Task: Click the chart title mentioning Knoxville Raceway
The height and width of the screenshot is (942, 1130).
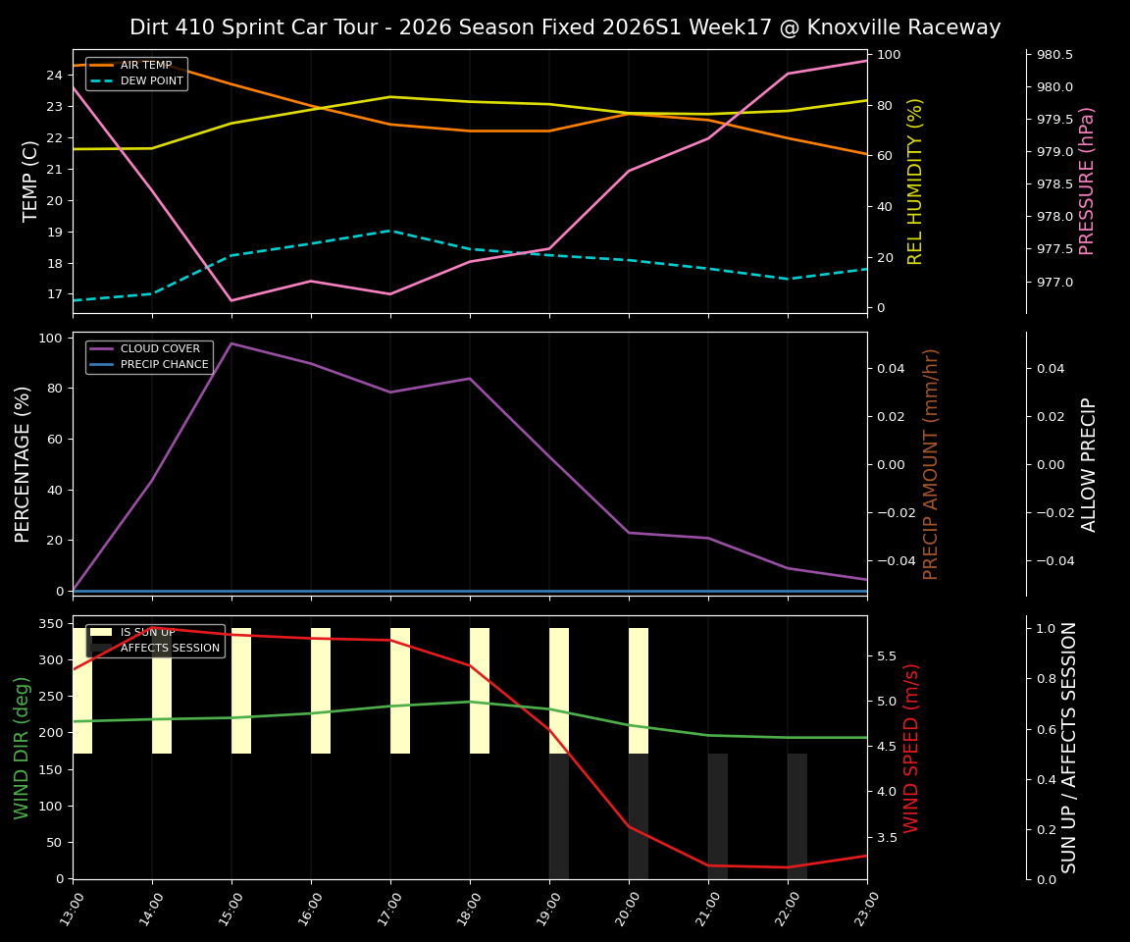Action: tap(565, 27)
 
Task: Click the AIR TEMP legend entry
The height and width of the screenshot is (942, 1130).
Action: tap(145, 66)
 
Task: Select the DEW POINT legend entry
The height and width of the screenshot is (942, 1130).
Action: tap(151, 81)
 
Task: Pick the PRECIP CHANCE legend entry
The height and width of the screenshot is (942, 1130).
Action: tap(164, 365)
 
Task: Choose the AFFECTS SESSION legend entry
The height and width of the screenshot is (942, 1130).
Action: tap(169, 648)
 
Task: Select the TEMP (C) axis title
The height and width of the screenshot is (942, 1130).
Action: tap(30, 181)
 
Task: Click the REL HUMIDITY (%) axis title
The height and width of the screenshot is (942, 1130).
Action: tap(915, 181)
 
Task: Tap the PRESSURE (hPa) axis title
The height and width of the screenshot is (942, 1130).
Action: tap(1086, 181)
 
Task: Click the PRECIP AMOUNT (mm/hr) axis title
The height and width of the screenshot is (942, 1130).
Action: tap(931, 463)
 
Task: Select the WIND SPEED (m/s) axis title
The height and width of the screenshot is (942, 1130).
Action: tap(911, 747)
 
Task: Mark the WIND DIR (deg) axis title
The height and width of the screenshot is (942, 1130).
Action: tap(22, 747)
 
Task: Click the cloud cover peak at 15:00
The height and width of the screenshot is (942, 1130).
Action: tap(231, 343)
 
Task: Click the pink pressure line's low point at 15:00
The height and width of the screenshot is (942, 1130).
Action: tap(231, 300)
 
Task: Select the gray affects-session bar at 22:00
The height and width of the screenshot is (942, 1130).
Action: tap(797, 815)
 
